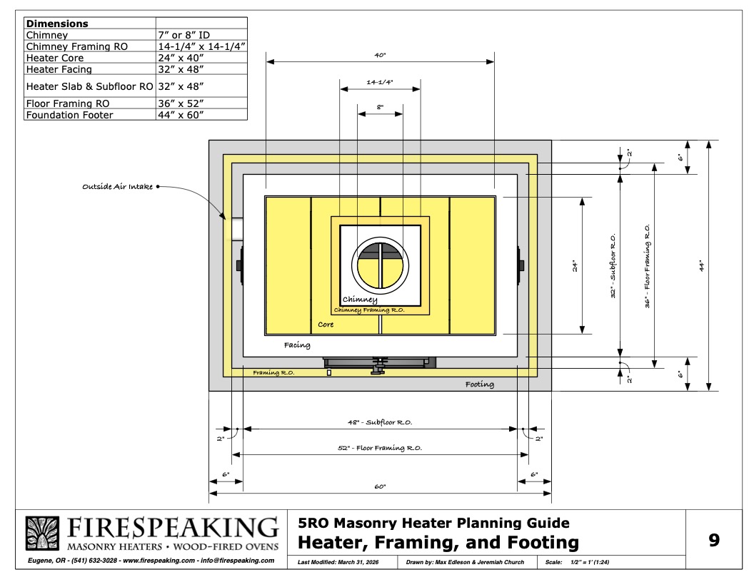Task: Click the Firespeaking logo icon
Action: tap(42, 533)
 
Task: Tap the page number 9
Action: tap(714, 540)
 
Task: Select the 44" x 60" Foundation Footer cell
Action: tap(181, 115)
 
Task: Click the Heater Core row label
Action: tap(55, 58)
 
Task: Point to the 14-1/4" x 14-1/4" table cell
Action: tap(201, 46)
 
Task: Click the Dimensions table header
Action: tap(57, 24)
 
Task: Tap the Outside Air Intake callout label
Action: tap(117, 186)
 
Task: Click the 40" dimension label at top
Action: tap(380, 55)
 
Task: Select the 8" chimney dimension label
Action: tap(380, 107)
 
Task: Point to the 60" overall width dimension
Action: tap(380, 486)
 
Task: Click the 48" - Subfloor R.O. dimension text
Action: tap(380, 422)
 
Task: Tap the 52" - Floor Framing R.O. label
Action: tap(380, 448)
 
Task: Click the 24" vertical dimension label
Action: tap(575, 265)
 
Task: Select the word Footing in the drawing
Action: tap(479, 384)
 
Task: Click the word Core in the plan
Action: tap(326, 325)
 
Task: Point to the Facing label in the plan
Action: tap(297, 344)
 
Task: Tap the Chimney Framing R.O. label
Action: tap(369, 310)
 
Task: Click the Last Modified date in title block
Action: tap(338, 562)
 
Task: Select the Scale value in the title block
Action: tap(590, 562)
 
